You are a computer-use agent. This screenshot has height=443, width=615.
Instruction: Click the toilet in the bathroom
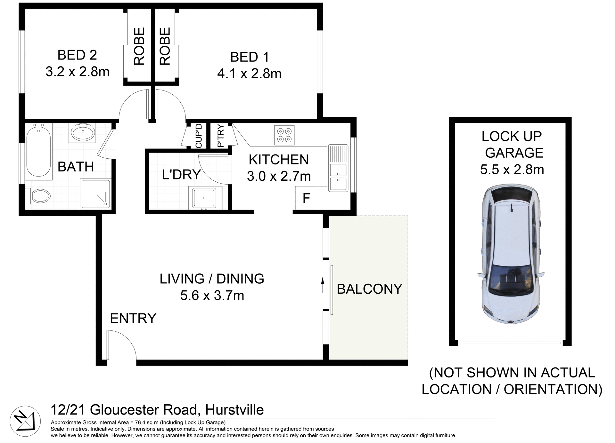39,195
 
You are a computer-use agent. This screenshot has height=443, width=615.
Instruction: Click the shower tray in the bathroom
95,194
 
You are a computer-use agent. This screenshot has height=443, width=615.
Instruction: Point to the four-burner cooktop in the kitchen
284,135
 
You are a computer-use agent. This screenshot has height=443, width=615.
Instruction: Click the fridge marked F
307,198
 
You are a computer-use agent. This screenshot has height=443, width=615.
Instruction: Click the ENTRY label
133,319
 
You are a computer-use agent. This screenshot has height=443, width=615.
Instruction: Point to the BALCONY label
369,289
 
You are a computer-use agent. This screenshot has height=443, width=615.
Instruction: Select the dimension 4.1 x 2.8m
249,74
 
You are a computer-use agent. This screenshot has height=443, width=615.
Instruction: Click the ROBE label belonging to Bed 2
139,46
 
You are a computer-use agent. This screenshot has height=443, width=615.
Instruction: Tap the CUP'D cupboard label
199,136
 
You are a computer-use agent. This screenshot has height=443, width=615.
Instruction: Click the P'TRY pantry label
220,136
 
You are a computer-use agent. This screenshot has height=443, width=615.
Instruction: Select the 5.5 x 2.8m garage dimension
512,170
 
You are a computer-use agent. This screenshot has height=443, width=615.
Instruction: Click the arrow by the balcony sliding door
323,285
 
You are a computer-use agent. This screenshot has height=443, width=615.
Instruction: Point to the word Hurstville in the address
234,410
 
